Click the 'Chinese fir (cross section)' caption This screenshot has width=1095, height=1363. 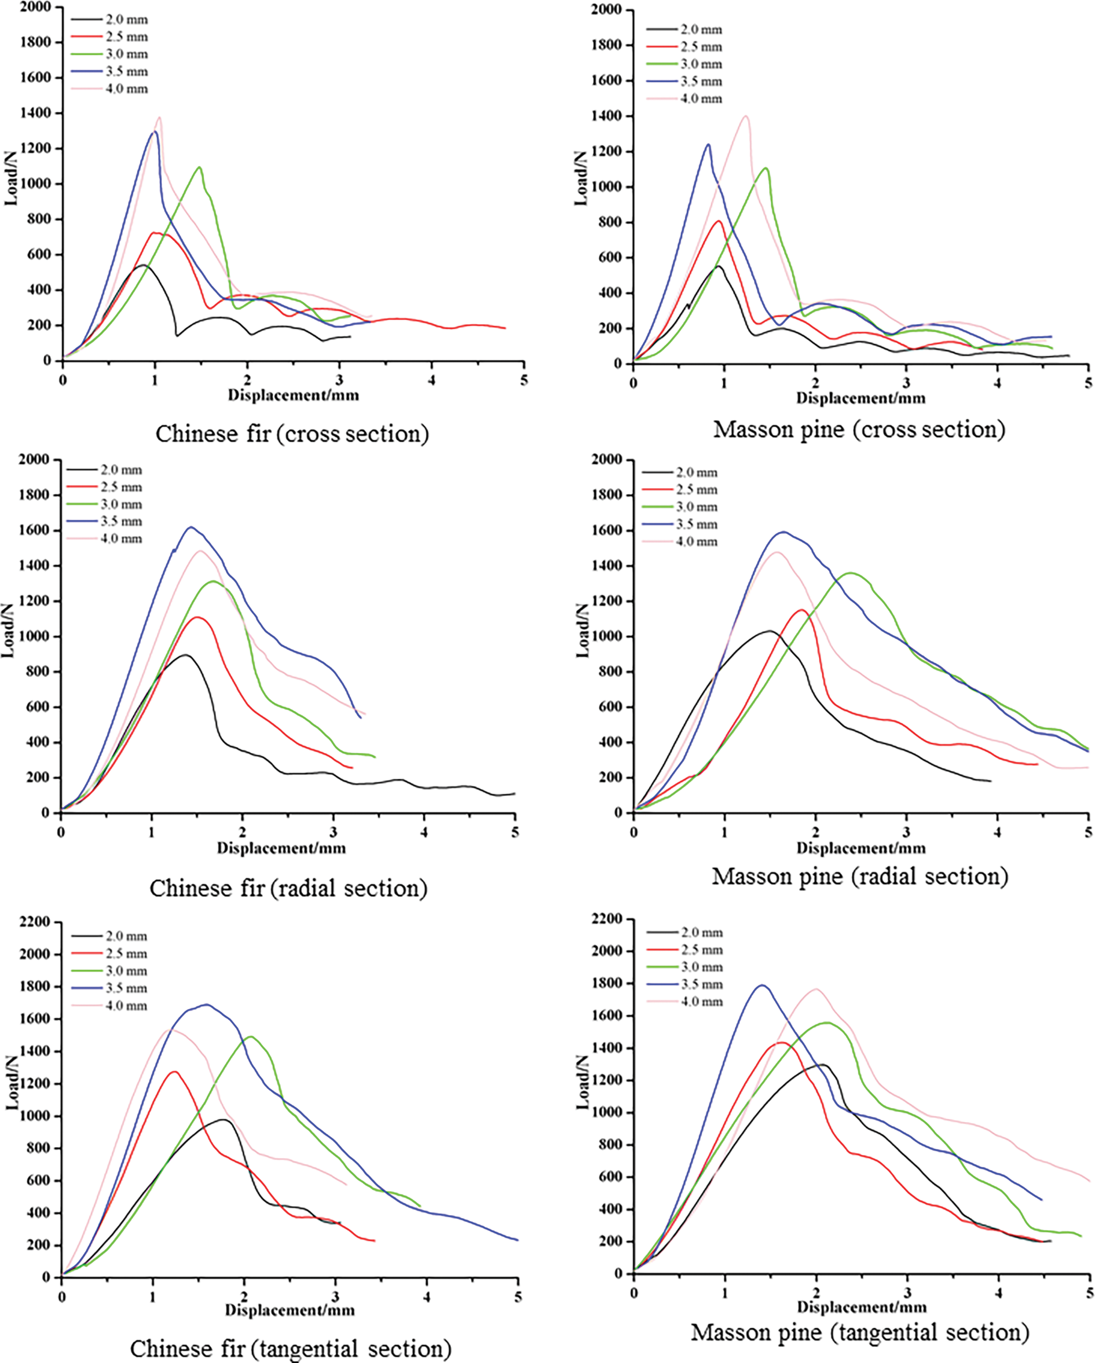tap(292, 434)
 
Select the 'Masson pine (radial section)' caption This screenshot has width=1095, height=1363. tap(860, 877)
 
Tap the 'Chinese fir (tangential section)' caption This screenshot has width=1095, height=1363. tap(291, 1349)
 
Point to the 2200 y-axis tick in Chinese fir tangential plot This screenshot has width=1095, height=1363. tap(35, 922)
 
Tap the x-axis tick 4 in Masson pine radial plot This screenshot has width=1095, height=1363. tap(998, 832)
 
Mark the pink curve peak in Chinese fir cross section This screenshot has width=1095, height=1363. tap(159, 118)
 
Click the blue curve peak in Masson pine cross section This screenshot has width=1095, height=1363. tap(709, 145)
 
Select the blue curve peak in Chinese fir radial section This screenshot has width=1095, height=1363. tap(191, 527)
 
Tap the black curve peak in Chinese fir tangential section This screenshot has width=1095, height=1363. tap(224, 1120)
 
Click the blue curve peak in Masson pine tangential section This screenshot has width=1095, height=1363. tap(763, 985)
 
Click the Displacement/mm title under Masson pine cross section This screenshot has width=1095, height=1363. tap(860, 398)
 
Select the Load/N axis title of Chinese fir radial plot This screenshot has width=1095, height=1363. tap(8, 631)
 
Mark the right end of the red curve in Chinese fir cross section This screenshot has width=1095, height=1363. tap(504, 328)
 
